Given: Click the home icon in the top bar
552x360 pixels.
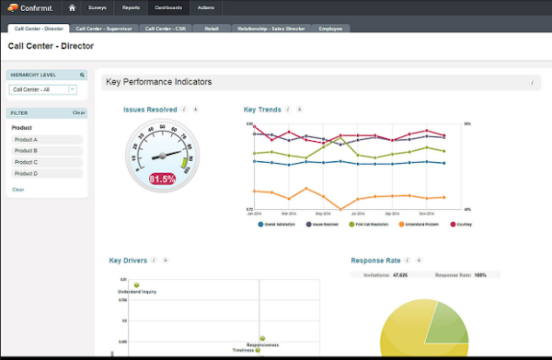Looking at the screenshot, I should click(72, 7).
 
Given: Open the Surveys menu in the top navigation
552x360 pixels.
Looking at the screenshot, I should click(98, 7).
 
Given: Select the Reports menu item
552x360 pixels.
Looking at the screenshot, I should click(132, 7).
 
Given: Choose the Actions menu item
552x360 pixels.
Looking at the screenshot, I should click(204, 7).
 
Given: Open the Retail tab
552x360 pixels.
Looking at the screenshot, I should click(212, 29).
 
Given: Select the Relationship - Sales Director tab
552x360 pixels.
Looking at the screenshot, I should click(271, 29).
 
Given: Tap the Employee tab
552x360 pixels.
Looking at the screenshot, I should click(330, 29).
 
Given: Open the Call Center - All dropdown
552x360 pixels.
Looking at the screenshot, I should click(43, 89).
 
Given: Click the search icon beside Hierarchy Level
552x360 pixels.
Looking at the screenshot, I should click(82, 75).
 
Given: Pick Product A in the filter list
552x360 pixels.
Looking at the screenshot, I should click(47, 140).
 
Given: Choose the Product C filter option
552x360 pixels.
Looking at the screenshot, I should click(47, 162).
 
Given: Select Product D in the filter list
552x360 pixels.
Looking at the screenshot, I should click(47, 173).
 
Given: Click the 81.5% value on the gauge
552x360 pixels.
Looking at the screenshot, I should click(162, 179).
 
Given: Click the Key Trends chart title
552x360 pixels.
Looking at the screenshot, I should click(262, 109).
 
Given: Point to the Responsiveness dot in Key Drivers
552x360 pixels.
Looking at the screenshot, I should click(262, 338).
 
